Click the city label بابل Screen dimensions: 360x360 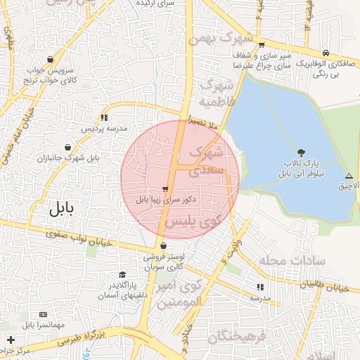66,209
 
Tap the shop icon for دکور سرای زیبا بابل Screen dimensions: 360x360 165,189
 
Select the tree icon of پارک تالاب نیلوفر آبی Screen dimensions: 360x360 302,153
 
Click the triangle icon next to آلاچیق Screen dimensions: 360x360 349,175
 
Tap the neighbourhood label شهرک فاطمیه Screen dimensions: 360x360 216,93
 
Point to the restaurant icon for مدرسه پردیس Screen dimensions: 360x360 105,117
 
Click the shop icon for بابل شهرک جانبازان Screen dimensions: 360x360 67,148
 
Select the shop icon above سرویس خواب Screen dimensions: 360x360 50,59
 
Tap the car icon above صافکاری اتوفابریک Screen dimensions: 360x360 326,53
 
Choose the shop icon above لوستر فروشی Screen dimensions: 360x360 164,246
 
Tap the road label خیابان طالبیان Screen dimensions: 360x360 325,286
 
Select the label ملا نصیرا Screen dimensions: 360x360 211,125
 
